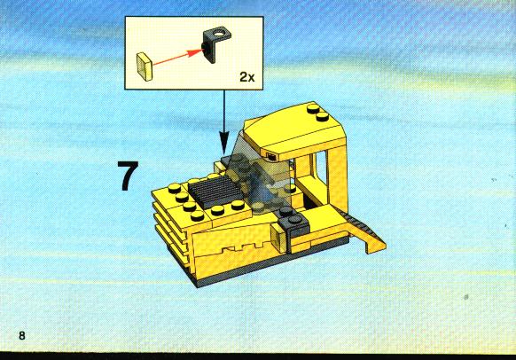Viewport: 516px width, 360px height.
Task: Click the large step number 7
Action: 129,176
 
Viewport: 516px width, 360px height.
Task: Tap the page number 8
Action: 21,336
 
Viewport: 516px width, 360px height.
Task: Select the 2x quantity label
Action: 246,77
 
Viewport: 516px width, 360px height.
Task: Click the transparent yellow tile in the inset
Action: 145,67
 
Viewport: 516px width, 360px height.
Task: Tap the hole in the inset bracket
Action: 218,33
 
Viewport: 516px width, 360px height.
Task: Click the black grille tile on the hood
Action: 215,191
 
